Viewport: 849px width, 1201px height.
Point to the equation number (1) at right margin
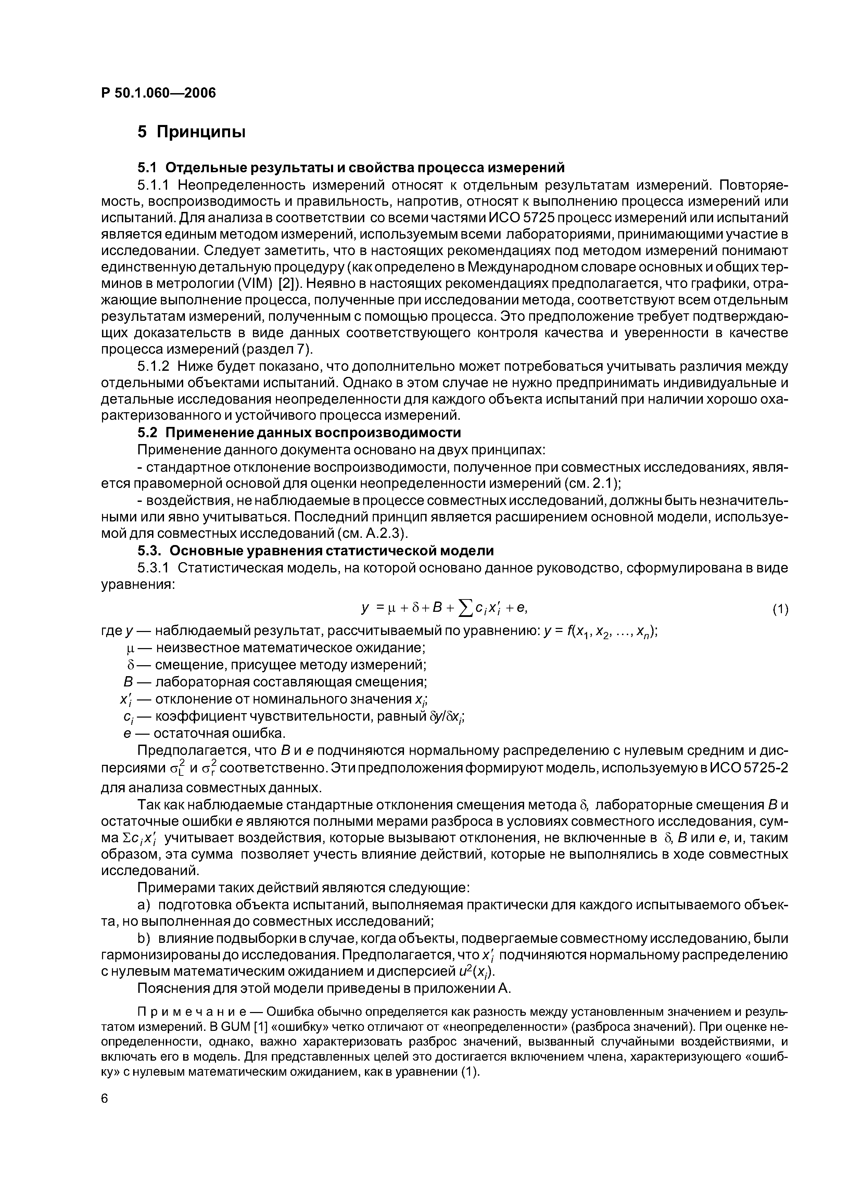coord(780,609)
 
